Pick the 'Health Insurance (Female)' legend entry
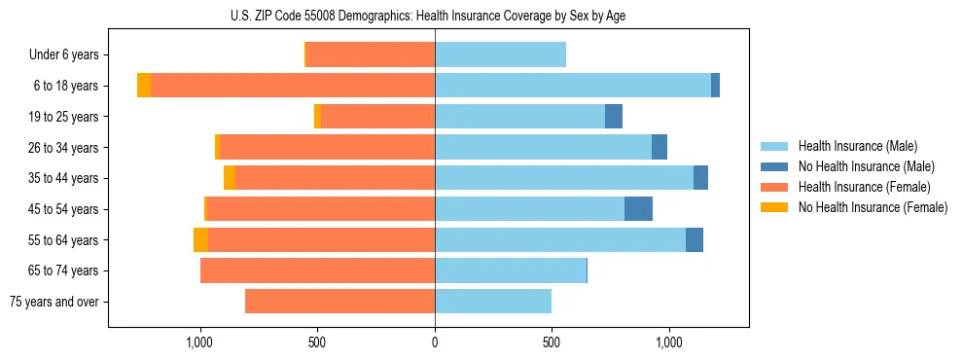tap(864, 187)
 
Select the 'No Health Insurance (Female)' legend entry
tap(873, 207)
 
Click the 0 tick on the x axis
tap(435, 342)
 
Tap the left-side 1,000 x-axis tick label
tap(199, 342)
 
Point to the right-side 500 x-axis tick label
tap(552, 342)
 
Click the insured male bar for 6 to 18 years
tap(573, 86)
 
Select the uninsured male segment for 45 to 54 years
tap(638, 209)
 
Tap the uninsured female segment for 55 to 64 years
tap(200, 240)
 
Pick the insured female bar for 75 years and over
tap(339, 302)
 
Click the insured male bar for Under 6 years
tap(500, 55)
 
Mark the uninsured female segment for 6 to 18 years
tap(144, 86)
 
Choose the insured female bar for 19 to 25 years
tap(377, 117)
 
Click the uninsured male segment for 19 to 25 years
tap(614, 117)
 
